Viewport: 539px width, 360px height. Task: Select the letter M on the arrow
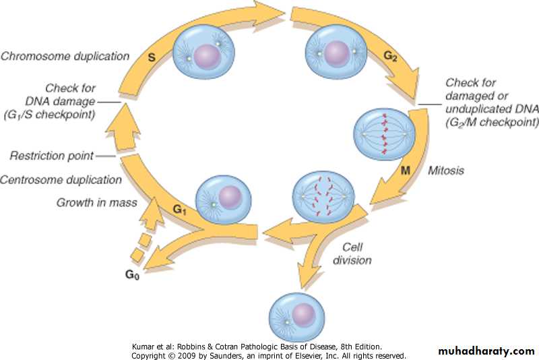pos(406,172)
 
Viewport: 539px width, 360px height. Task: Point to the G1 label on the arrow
pos(179,209)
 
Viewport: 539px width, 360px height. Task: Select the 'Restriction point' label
pos(51,156)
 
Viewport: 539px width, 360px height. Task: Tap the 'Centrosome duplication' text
pos(61,180)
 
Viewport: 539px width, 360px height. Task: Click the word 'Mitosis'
pos(447,171)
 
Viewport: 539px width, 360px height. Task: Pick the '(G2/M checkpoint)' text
pos(491,122)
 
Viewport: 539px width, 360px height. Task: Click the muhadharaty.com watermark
pos(486,351)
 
